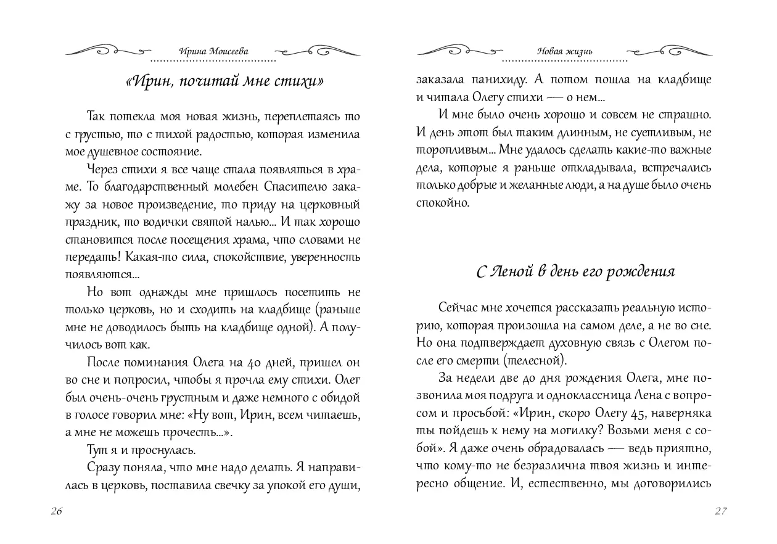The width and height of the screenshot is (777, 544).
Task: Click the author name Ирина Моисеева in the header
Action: [x=213, y=52]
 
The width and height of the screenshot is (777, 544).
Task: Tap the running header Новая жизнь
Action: [x=564, y=52]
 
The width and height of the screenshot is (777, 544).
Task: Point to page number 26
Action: [x=54, y=511]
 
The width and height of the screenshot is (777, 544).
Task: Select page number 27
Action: [x=721, y=511]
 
